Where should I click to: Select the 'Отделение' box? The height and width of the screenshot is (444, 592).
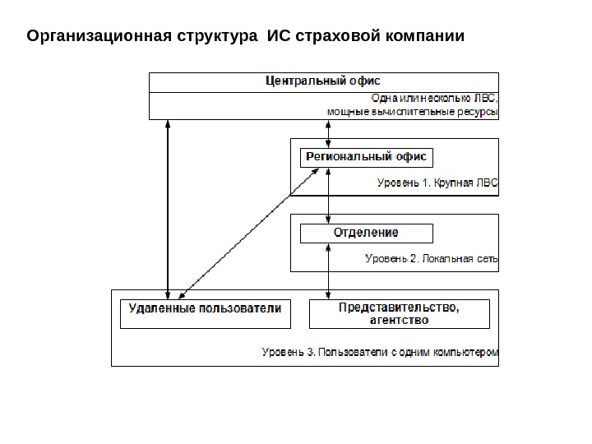(365, 234)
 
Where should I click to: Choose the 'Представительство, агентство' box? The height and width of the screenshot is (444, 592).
(399, 313)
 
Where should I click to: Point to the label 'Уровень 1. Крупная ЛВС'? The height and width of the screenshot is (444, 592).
(437, 184)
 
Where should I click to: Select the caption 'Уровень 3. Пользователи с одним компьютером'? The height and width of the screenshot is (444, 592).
(380, 353)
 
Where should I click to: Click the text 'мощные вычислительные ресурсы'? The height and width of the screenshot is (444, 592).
(413, 111)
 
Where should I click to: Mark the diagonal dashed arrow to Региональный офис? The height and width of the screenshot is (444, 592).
(247, 235)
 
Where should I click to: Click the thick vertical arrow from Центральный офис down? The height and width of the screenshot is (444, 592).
(168, 206)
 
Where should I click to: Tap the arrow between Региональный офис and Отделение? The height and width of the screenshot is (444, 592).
(329, 196)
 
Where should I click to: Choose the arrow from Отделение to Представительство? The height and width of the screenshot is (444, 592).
(329, 271)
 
